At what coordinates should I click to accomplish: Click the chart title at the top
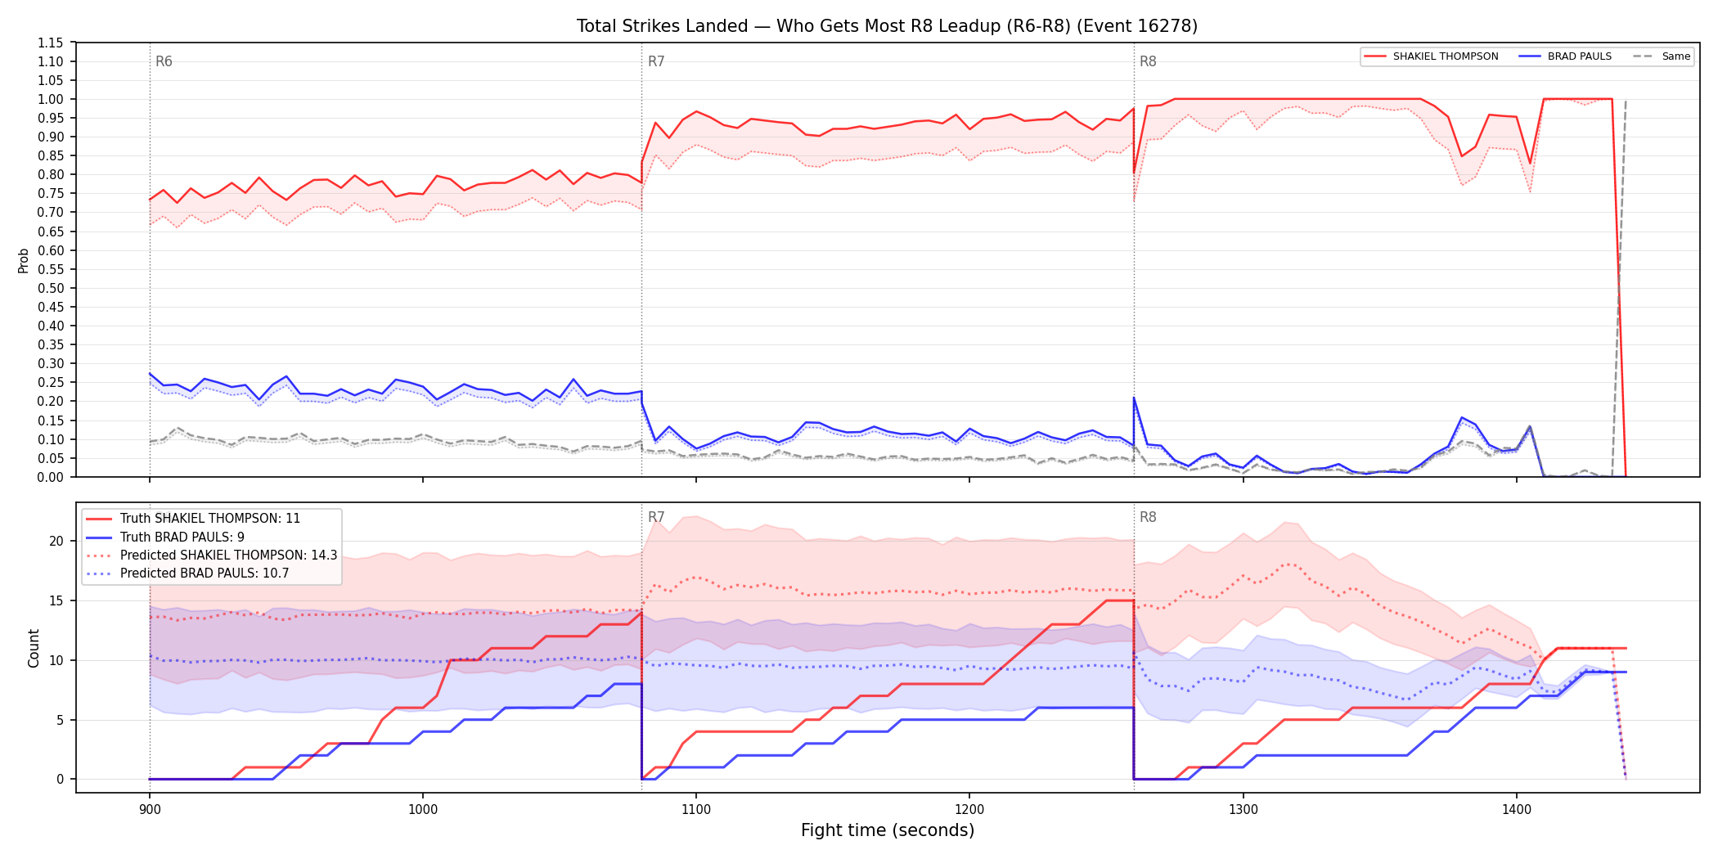(887, 26)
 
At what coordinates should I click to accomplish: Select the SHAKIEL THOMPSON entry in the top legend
(1431, 56)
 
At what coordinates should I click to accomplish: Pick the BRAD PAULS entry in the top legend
(1565, 56)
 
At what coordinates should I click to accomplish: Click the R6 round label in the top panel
(164, 61)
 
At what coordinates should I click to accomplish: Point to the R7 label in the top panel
(656, 61)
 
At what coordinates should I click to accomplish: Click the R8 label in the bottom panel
(1148, 517)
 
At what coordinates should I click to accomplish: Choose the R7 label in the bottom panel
(656, 517)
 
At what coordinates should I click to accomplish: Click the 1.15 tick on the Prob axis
(51, 43)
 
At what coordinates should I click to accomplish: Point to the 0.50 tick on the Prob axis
(51, 288)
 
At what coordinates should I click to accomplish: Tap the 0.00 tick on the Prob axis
(51, 477)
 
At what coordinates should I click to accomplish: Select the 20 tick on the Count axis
(56, 541)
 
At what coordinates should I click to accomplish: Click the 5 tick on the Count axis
(60, 720)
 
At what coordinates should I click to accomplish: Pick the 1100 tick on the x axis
(696, 810)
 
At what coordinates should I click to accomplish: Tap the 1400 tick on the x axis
(1517, 810)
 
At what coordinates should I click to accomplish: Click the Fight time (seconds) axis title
(888, 830)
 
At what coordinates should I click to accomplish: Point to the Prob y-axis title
(24, 260)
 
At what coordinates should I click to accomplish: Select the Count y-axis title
(34, 648)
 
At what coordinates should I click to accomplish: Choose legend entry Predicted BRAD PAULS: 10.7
(188, 573)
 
